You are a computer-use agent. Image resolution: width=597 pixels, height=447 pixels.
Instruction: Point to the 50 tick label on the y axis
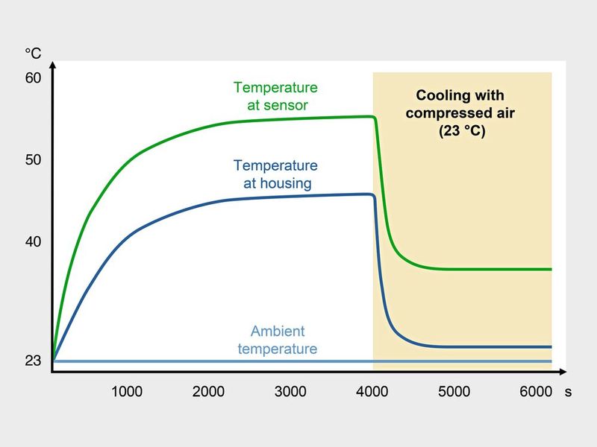pos(34,160)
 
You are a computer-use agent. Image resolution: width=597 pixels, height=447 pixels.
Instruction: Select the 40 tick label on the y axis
pos(34,242)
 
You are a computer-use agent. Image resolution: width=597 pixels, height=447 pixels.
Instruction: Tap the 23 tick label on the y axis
pos(34,361)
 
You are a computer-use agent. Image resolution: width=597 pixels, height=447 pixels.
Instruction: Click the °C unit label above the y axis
pos(34,53)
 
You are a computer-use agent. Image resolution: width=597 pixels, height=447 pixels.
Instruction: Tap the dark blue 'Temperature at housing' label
pos(275,174)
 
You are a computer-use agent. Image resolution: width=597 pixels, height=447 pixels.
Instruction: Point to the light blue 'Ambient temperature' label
pos(278,340)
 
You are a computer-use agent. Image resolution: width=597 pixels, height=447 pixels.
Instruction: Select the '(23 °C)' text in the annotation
pos(460,133)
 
